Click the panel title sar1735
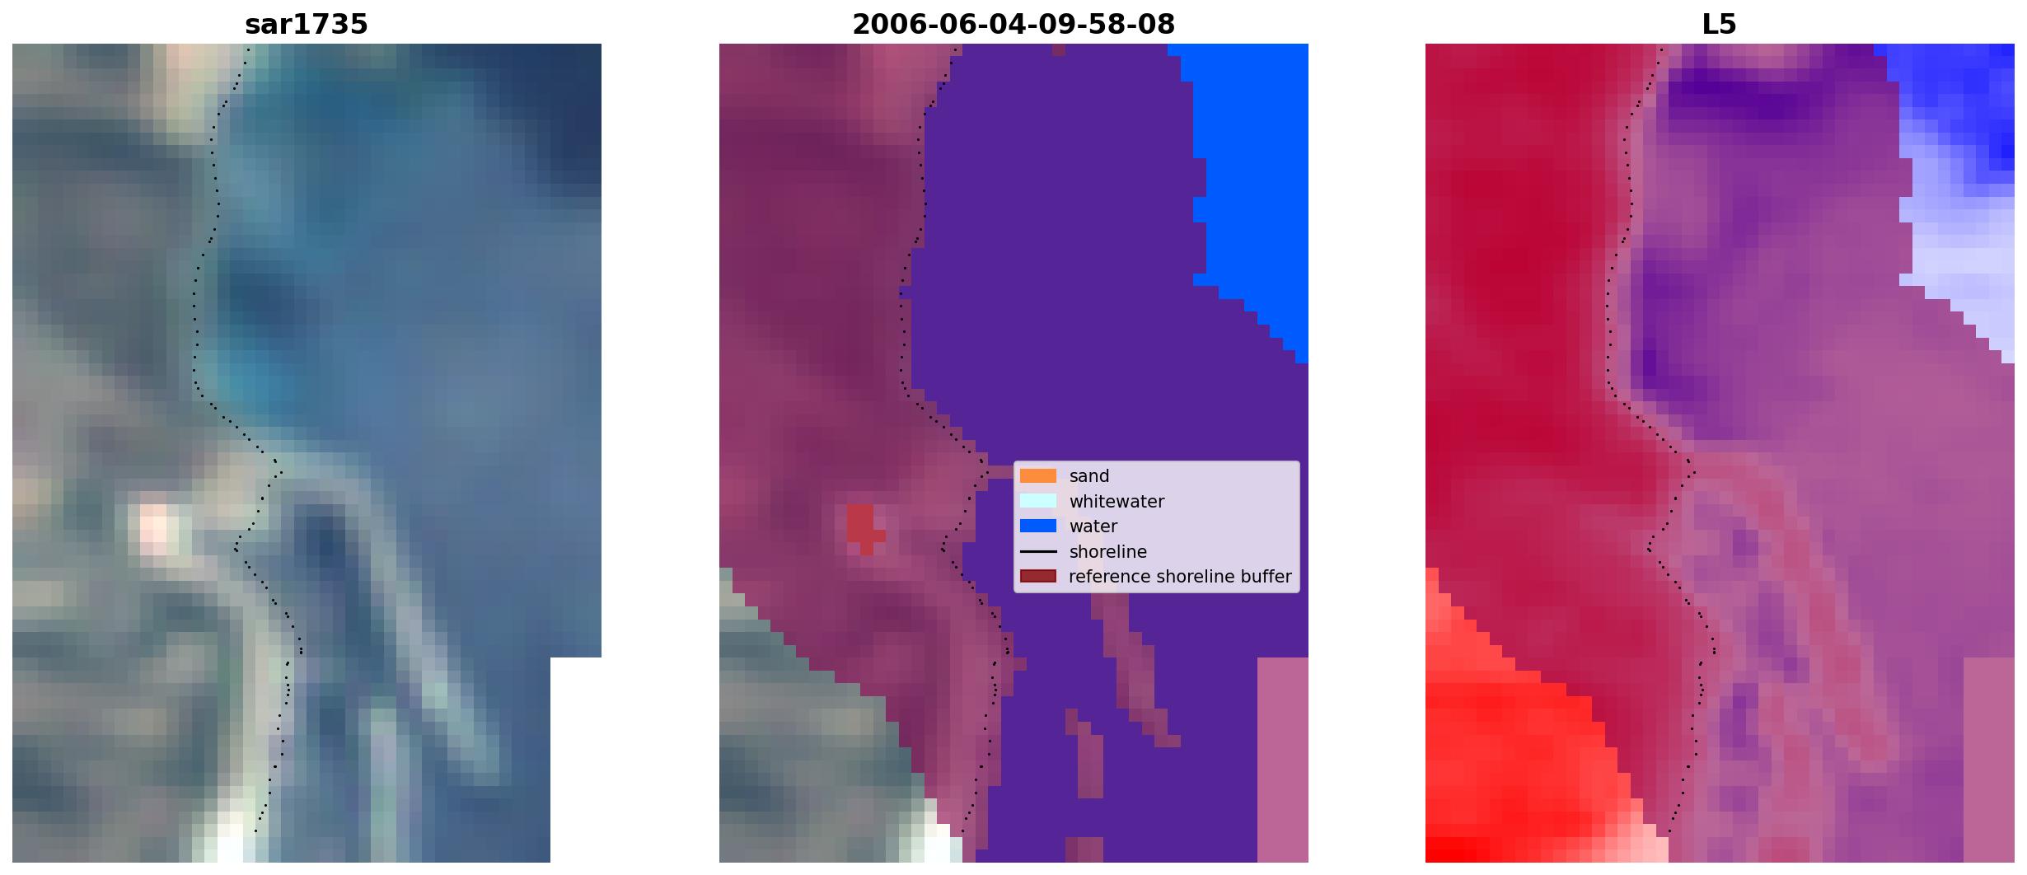pos(307,25)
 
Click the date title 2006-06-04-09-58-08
pos(1013,25)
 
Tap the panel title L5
pos(1720,25)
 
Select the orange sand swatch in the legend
pos(1038,476)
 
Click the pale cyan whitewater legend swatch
pos(1038,501)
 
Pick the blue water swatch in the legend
pos(1038,526)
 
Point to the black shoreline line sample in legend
pos(1038,552)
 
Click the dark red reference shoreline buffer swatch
pos(1038,577)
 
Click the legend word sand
pos(1089,476)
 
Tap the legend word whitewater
pos(1116,502)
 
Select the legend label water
pos(1093,526)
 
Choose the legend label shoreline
pos(1108,552)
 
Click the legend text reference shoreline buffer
pos(1180,577)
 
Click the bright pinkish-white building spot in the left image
pos(155,525)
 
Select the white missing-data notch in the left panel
pos(576,760)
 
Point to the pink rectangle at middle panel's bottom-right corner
pos(1283,760)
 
